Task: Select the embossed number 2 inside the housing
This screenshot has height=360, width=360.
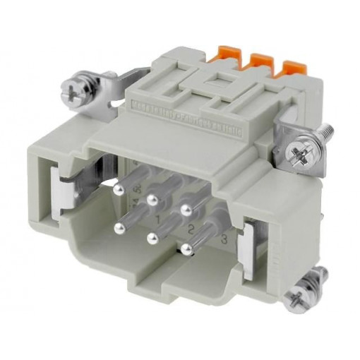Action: click(191, 228)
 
